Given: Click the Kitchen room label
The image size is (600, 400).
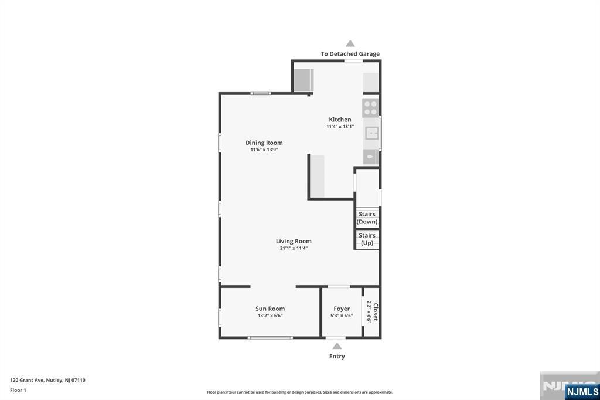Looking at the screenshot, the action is [340, 120].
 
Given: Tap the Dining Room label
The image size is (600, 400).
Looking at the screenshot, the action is [264, 143].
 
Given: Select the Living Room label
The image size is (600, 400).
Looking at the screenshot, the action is [294, 241].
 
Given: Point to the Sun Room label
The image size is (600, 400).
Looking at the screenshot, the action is [270, 309].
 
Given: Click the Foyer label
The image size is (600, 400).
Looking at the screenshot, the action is [342, 309].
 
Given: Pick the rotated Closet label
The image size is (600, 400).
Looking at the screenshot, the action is [376, 312].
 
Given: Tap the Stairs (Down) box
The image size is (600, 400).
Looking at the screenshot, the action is [367, 218].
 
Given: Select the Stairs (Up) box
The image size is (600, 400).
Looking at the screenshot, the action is [367, 239].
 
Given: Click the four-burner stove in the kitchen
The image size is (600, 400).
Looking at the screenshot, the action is [370, 108].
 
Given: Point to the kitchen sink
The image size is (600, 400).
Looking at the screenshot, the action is [371, 133].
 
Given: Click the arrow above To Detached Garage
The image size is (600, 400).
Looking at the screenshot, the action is [350, 43].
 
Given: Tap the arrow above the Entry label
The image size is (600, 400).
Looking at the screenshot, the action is [337, 346].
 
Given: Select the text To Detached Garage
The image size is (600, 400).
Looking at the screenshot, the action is [350, 54].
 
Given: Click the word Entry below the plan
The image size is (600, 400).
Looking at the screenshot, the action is [337, 357].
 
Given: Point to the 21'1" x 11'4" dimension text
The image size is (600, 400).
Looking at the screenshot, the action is [294, 248].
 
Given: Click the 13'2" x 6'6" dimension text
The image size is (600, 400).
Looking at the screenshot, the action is [270, 316].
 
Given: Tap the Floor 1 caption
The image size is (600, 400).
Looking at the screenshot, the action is [18, 391].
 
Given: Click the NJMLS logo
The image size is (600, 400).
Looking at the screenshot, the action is [582, 392].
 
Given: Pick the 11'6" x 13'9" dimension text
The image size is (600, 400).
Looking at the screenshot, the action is [264, 150].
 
